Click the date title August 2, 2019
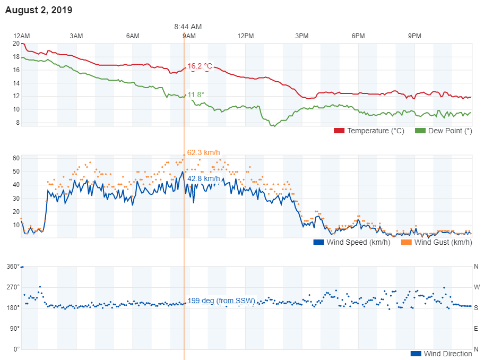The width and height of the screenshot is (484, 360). (39, 10)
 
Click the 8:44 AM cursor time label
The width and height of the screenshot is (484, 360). (188, 27)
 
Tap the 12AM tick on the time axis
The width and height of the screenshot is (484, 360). (21, 36)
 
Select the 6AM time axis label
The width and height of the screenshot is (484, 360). (133, 36)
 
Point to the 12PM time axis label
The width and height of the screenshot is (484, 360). (246, 36)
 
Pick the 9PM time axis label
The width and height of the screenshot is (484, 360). (414, 36)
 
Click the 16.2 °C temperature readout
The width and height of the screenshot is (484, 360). (200, 66)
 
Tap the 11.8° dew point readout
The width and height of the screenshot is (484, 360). (195, 95)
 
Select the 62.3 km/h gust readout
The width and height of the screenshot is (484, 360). (203, 152)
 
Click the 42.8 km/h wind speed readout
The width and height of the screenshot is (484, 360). (203, 179)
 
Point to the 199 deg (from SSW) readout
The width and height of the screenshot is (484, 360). (221, 301)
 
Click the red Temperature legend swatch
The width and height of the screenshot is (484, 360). (339, 131)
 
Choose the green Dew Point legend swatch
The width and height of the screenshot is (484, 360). (420, 131)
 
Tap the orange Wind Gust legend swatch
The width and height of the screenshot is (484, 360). (406, 242)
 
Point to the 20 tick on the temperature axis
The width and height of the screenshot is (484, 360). (16, 44)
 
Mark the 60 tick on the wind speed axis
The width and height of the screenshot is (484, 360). (16, 158)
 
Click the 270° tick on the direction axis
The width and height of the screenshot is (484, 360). (13, 287)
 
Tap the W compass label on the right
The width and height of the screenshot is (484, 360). (477, 287)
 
